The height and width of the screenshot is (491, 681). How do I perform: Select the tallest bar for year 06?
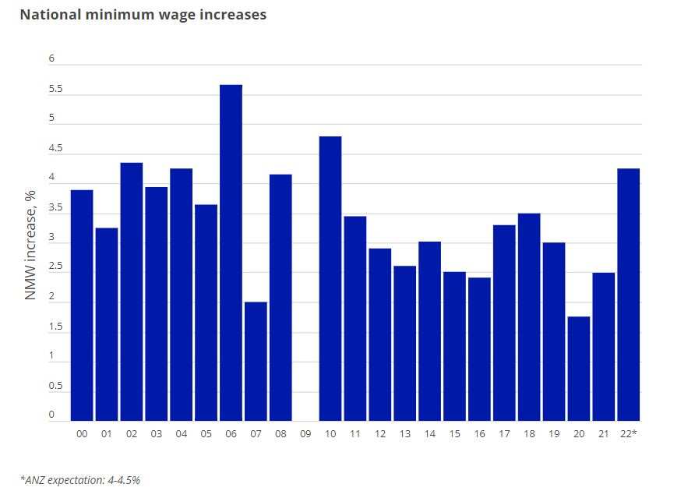[231, 253]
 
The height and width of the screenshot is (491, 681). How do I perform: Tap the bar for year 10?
[330, 278]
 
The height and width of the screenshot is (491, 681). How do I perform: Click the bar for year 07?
[256, 361]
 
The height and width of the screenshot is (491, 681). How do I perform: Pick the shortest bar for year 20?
[579, 369]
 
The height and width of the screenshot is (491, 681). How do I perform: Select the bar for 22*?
[629, 295]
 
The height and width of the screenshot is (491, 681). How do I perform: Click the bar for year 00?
[82, 306]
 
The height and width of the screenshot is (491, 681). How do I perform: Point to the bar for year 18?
[529, 316]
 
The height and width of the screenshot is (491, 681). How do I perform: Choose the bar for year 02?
[132, 291]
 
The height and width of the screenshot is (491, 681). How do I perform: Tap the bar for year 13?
[404, 343]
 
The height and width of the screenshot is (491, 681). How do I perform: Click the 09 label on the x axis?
[305, 433]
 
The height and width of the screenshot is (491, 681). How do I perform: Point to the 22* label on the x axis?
[629, 433]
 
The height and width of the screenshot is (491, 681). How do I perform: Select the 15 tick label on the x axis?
[454, 433]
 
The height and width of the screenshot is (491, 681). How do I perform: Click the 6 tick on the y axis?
[51, 59]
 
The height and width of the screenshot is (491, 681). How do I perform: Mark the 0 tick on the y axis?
[51, 415]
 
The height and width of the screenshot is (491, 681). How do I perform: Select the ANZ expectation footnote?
[80, 479]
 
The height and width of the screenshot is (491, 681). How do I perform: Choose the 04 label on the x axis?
[182, 433]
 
